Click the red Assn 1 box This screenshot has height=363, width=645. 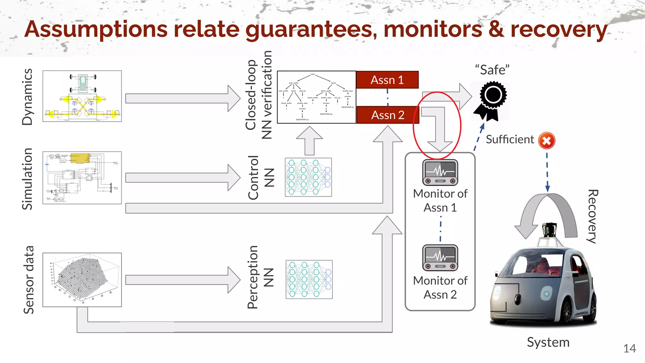click(387, 80)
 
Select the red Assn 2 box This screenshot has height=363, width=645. click(387, 115)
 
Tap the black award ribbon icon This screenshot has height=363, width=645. click(491, 101)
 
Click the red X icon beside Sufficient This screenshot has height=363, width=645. click(546, 141)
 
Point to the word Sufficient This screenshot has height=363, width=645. click(510, 139)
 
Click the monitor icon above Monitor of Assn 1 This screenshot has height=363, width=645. click(440, 173)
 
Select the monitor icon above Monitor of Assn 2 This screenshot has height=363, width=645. click(440, 258)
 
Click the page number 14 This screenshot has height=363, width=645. click(629, 349)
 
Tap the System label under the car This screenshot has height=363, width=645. click(548, 342)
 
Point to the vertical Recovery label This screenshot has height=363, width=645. click(592, 216)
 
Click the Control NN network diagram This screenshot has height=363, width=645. click(308, 177)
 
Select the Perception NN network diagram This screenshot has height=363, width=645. click(309, 279)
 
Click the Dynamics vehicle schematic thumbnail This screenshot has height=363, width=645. click(82, 96)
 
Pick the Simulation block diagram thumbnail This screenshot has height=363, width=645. click(82, 178)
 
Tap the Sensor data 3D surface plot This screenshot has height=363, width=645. click(82, 280)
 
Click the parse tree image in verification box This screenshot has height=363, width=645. click(316, 97)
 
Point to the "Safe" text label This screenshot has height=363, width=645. click(492, 70)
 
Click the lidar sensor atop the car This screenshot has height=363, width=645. click(549, 230)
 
